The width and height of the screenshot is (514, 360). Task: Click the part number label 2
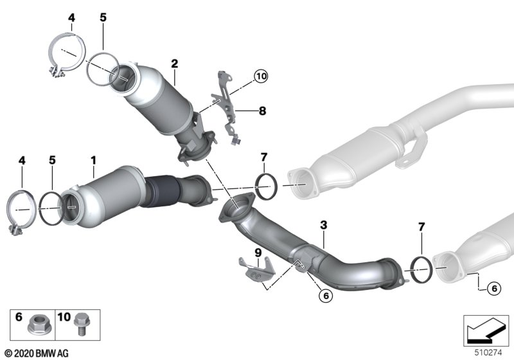pyautogui.click(x=174, y=64)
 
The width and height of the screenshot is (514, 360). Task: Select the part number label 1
pyautogui.click(x=94, y=161)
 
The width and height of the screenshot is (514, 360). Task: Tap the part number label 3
pyautogui.click(x=324, y=225)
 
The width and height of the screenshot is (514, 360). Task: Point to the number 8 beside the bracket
pyautogui.click(x=262, y=111)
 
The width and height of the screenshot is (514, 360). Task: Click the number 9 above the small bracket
pyautogui.click(x=258, y=253)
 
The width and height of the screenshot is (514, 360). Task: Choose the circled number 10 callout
pyautogui.click(x=261, y=76)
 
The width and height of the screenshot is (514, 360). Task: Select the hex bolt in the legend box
pyautogui.click(x=82, y=324)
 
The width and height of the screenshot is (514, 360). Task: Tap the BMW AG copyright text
pyautogui.click(x=37, y=354)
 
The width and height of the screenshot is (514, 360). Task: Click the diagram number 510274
pyautogui.click(x=488, y=353)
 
